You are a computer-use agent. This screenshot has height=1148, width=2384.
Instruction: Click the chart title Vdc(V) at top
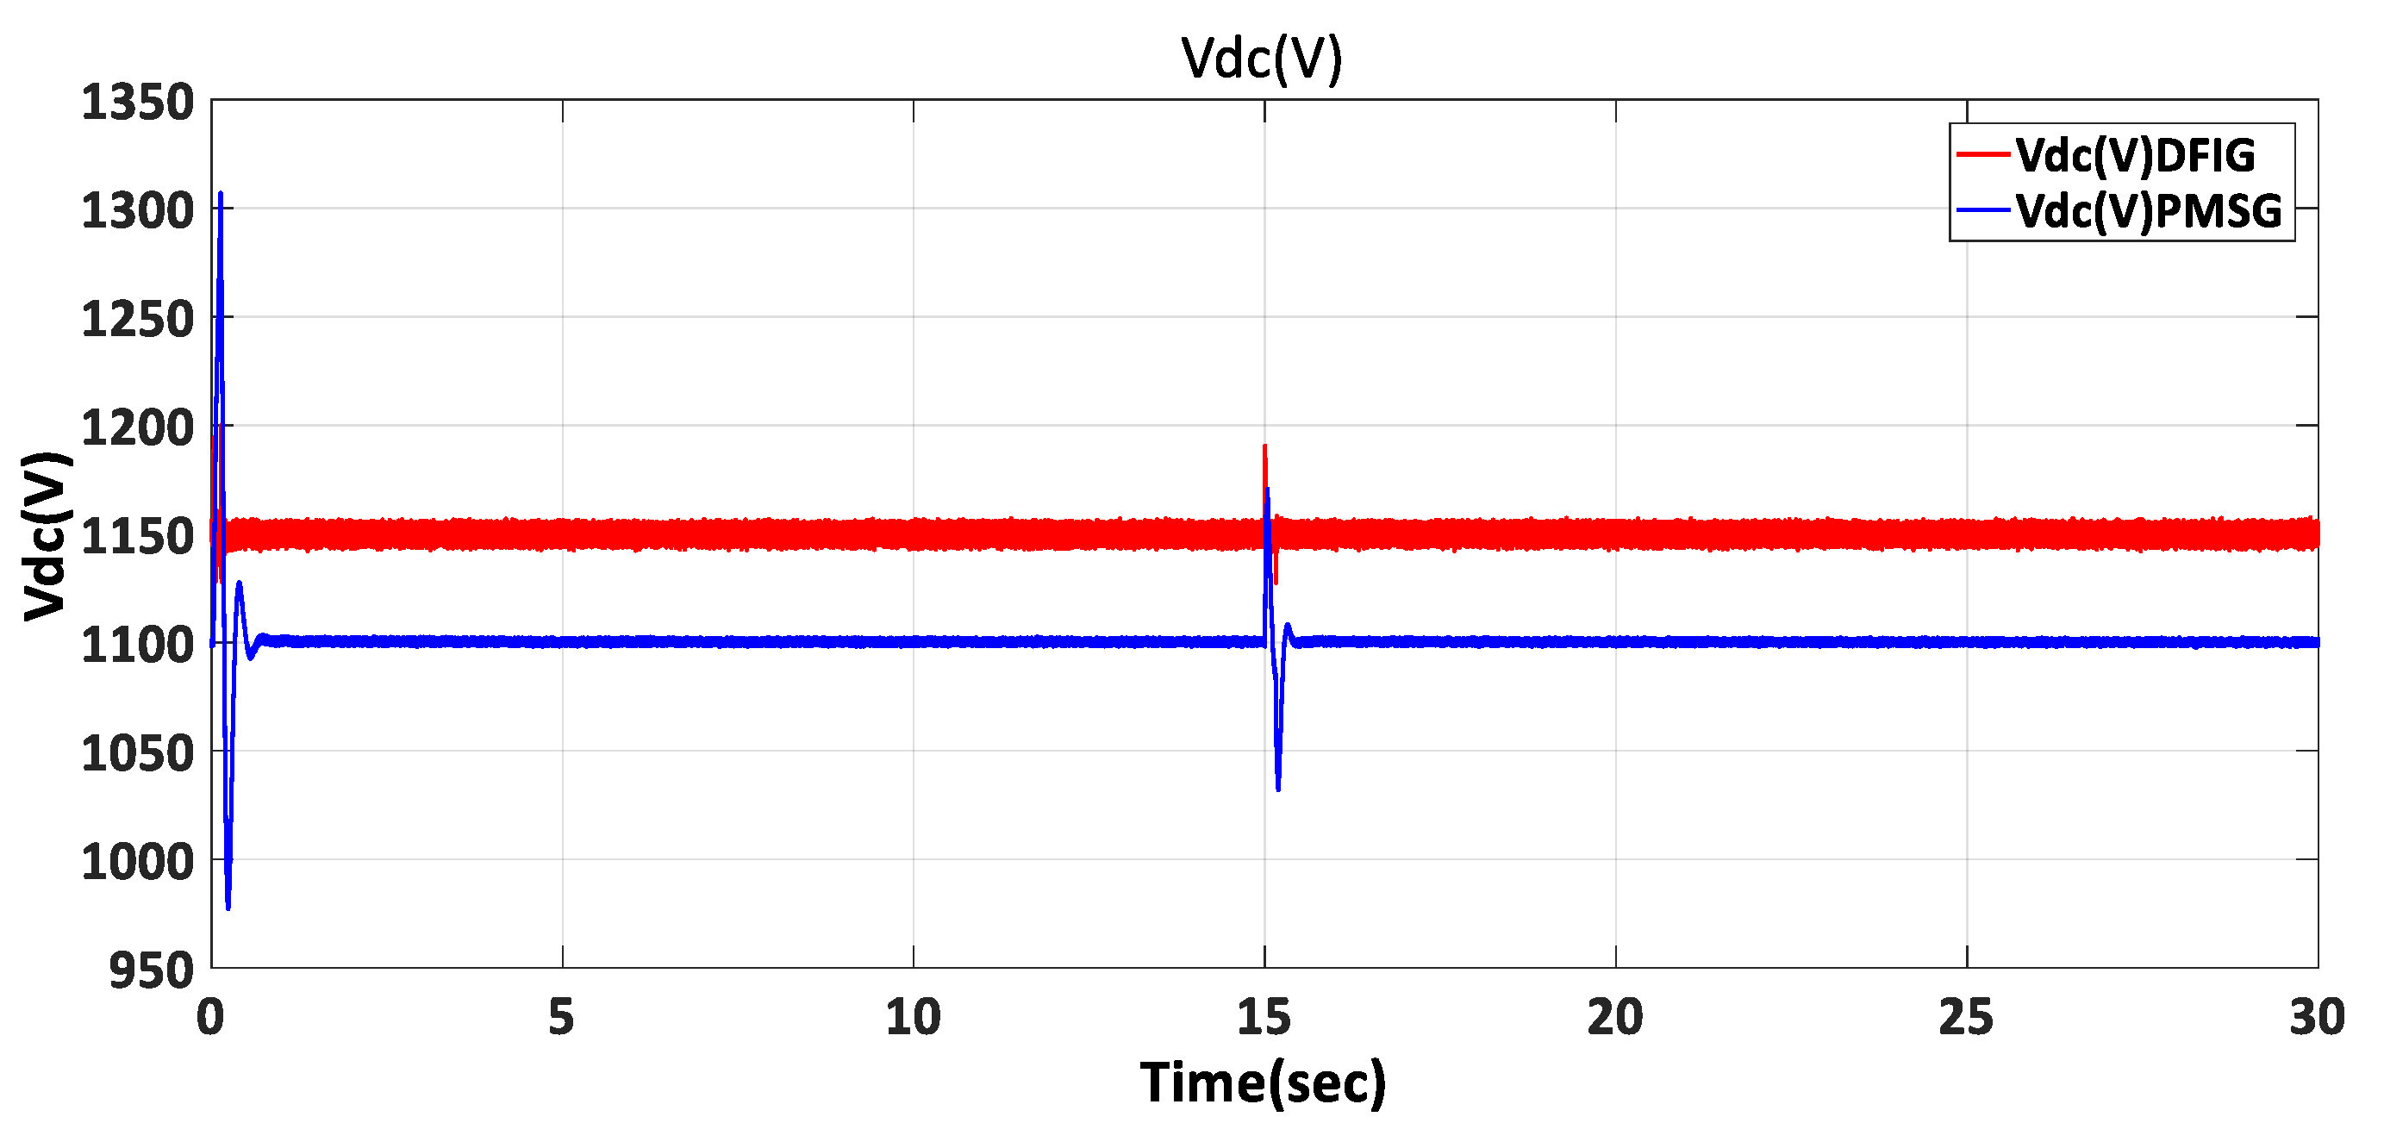[1262, 59]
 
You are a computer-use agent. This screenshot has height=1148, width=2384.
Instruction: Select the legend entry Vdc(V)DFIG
[2135, 155]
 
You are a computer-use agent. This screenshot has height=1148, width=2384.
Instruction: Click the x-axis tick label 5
[562, 1018]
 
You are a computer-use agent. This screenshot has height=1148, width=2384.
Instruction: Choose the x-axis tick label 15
[1264, 1018]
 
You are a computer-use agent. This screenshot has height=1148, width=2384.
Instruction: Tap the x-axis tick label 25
[1966, 1018]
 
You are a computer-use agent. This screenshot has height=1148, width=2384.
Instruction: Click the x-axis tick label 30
[2317, 1018]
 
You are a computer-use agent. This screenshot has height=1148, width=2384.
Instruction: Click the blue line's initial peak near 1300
[221, 195]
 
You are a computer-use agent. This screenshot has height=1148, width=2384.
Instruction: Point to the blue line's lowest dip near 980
[228, 907]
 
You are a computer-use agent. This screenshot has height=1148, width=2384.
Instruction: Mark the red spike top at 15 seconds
[1264, 447]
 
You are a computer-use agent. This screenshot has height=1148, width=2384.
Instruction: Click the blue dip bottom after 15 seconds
[1278, 788]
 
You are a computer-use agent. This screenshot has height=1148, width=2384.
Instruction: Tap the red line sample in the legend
[1983, 153]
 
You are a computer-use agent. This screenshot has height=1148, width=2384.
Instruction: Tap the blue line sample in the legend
[1983, 211]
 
